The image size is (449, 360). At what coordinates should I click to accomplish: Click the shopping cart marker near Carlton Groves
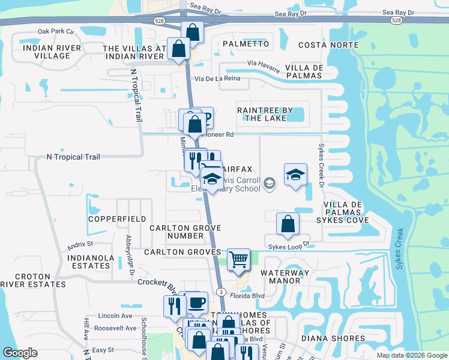[239, 259]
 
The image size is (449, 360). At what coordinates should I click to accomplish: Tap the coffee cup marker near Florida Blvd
[196, 302]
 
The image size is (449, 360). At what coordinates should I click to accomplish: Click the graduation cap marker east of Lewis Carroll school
[295, 175]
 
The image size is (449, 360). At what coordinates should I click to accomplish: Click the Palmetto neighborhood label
[246, 44]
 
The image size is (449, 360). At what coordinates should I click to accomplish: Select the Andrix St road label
[80, 245]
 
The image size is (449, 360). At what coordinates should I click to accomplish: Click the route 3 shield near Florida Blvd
[221, 292]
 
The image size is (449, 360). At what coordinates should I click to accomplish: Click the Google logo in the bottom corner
[20, 353]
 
